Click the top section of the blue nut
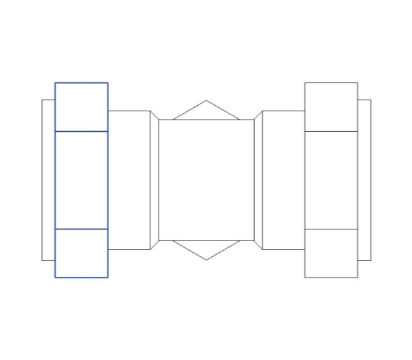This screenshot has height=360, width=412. point(81,106)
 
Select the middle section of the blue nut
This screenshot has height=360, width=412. point(81,179)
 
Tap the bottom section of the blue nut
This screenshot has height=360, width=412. point(81,253)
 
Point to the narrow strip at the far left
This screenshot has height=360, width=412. point(48,179)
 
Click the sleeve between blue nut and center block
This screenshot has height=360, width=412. point(129,179)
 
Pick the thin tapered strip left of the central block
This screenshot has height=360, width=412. point(154,179)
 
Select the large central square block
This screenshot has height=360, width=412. point(206,179)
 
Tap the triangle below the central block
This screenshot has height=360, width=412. point(206,248)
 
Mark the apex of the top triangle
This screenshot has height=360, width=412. point(206,100)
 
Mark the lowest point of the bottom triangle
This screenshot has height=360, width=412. point(206,260)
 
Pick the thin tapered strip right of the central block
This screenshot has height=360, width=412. point(258,179)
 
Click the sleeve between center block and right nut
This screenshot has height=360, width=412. point(284,179)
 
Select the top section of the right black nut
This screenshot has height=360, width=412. point(331,106)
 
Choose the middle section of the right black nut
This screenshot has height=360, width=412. point(331,179)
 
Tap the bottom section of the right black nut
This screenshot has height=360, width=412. point(331,253)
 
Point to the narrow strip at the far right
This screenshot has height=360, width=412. point(364,179)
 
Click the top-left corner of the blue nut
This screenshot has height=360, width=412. point(55,82)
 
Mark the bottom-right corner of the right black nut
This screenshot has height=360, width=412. point(358,278)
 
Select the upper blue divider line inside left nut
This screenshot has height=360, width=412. point(81,131)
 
